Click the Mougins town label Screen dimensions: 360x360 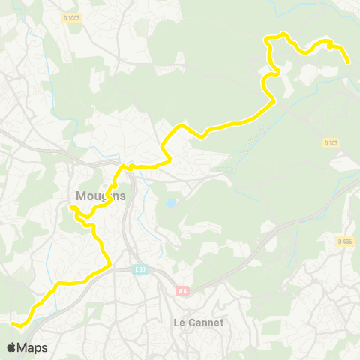tap(100, 196)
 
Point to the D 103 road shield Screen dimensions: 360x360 tap(332, 142)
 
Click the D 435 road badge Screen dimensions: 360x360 tap(345, 241)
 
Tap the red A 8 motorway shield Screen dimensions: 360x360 tap(181, 291)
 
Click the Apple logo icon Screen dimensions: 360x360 tap(11, 348)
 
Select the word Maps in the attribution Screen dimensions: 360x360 tap(32, 348)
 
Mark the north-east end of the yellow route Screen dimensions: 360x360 tap(349, 63)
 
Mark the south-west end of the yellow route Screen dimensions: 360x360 tap(13, 324)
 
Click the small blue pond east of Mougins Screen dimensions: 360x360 tap(172, 203)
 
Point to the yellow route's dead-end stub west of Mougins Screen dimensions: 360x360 tap(71, 207)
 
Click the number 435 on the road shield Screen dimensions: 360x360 tap(347, 241)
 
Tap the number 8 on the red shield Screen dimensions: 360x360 tap(184, 291)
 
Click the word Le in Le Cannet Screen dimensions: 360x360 tap(168, 322)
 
